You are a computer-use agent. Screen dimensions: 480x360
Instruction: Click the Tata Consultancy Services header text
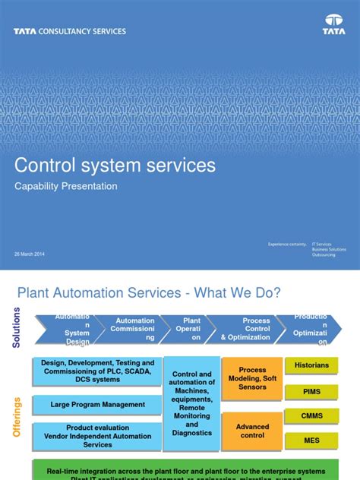[x=69, y=32]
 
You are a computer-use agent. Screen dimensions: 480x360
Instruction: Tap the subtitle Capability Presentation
[x=67, y=186]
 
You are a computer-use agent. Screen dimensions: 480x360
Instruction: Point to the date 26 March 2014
[x=30, y=253]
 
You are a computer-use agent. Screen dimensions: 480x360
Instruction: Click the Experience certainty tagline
[x=287, y=245]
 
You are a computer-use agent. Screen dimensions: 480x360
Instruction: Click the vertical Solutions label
[x=17, y=327]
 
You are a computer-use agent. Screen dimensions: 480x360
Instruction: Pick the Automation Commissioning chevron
[x=134, y=329]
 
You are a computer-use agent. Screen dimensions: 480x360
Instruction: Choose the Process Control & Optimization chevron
[x=245, y=329]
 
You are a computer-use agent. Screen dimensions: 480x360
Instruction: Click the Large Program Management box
[x=97, y=405]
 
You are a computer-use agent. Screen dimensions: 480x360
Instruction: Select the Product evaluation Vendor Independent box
[x=97, y=435]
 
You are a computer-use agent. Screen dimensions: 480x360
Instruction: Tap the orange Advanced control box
[x=253, y=431]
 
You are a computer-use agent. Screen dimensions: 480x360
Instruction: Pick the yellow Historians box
[x=311, y=365]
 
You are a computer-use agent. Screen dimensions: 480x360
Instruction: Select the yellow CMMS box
[x=311, y=415]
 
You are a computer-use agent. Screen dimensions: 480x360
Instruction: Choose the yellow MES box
[x=311, y=440]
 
